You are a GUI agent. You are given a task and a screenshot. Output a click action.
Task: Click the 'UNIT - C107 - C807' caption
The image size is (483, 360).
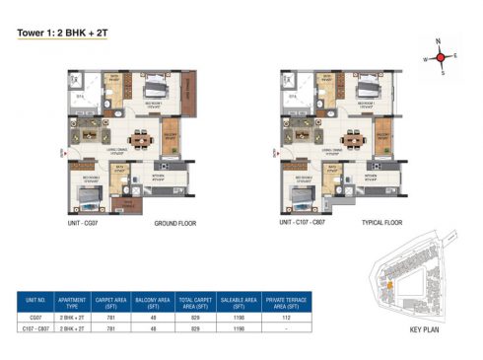[x=305, y=224]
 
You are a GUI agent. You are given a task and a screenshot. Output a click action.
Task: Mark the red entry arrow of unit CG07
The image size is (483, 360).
[x=63, y=152]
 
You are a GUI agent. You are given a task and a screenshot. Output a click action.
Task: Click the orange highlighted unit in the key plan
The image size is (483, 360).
[x=390, y=286]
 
